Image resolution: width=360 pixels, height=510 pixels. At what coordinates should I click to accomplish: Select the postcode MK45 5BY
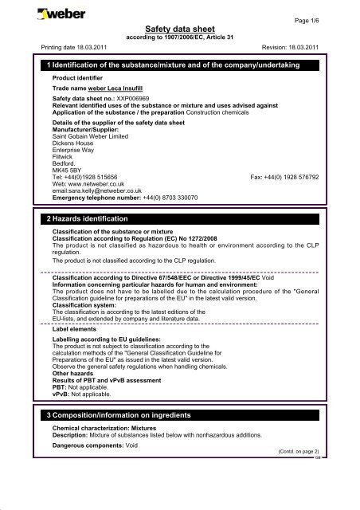click(68, 171)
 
